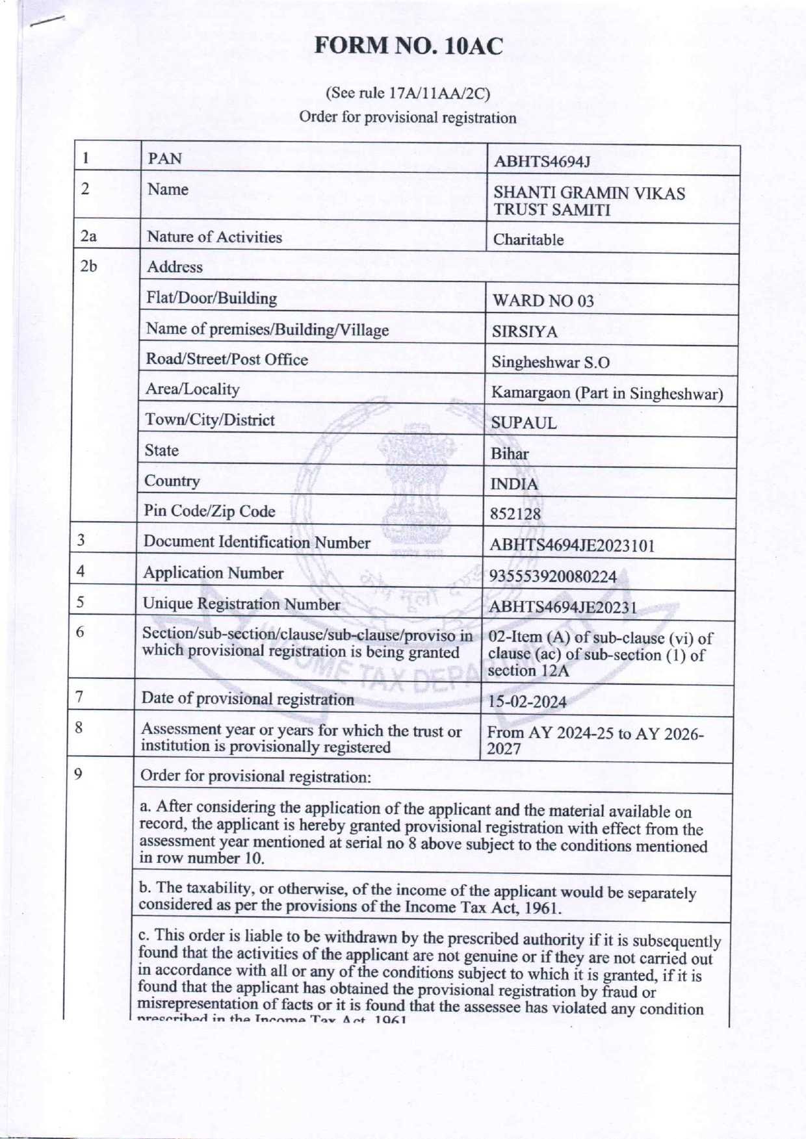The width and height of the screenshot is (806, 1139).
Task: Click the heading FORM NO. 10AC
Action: click(409, 46)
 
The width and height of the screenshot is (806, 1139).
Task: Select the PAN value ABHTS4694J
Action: click(542, 161)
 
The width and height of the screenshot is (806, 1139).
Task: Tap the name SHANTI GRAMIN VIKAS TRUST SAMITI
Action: click(589, 201)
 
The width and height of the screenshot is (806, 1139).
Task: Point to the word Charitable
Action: click(528, 240)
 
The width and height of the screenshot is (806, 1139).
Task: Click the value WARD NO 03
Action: click(543, 301)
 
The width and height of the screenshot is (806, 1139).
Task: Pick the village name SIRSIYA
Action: click(525, 332)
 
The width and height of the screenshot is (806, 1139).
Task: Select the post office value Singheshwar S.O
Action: click(550, 363)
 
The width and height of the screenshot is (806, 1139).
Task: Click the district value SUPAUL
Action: click(524, 423)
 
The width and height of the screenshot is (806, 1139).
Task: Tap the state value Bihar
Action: click(510, 454)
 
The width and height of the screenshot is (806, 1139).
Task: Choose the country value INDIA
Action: click(514, 484)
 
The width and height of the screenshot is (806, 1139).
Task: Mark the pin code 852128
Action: click(515, 515)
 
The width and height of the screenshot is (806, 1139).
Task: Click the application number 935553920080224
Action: click(552, 576)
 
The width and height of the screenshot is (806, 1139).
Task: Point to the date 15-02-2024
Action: click(527, 702)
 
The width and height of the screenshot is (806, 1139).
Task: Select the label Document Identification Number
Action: click(257, 542)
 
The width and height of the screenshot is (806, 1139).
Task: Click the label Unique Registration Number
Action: click(241, 604)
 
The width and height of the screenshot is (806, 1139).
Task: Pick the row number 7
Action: click(79, 697)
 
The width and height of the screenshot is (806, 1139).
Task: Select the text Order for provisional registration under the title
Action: click(408, 118)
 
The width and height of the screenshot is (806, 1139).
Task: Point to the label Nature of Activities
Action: click(214, 237)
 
